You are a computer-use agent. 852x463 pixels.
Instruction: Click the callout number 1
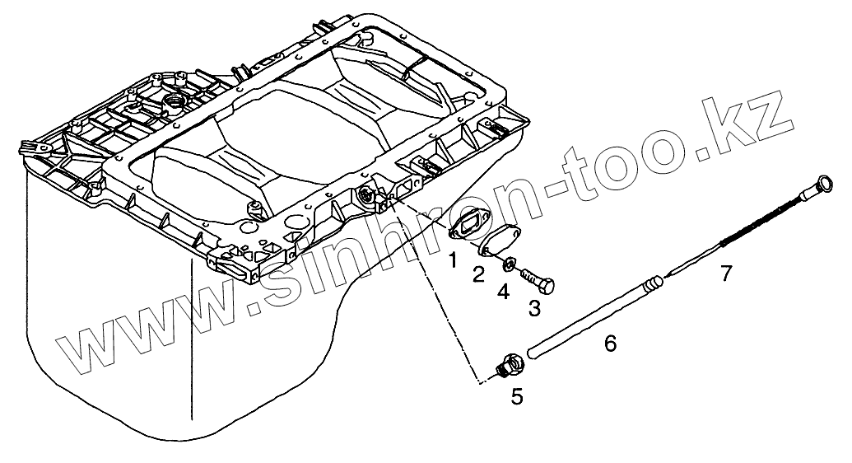point(452,261)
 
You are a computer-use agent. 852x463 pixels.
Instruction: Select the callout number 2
point(478,274)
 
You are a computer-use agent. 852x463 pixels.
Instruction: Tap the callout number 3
point(534,309)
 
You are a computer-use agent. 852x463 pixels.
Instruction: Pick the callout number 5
point(516,397)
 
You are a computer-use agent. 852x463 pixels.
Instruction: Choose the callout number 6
point(610,343)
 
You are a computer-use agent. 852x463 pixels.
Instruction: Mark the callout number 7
point(724,273)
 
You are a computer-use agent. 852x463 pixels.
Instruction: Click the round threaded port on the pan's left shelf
point(175,102)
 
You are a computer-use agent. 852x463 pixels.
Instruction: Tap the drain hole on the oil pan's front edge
point(366,195)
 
